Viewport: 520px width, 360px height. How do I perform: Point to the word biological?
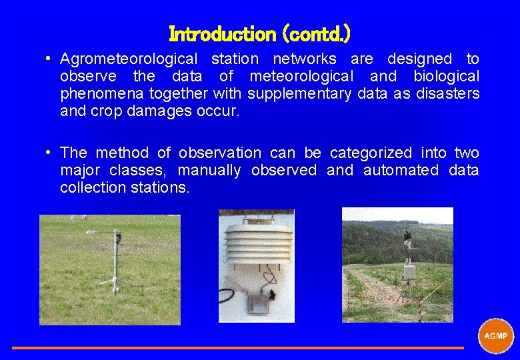click(446, 77)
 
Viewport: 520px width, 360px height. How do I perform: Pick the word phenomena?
click(99, 94)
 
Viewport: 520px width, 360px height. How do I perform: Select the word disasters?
click(447, 94)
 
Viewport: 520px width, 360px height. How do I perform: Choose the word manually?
click(209, 171)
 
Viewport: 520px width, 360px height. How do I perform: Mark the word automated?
click(401, 171)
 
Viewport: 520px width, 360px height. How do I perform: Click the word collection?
click(93, 188)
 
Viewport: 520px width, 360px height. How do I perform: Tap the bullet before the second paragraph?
click(49, 153)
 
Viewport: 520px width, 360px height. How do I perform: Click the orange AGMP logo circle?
click(495, 335)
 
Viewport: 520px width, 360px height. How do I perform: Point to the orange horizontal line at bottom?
click(237, 347)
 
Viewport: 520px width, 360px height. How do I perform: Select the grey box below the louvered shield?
click(257, 304)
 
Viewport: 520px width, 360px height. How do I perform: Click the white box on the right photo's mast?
click(409, 271)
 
